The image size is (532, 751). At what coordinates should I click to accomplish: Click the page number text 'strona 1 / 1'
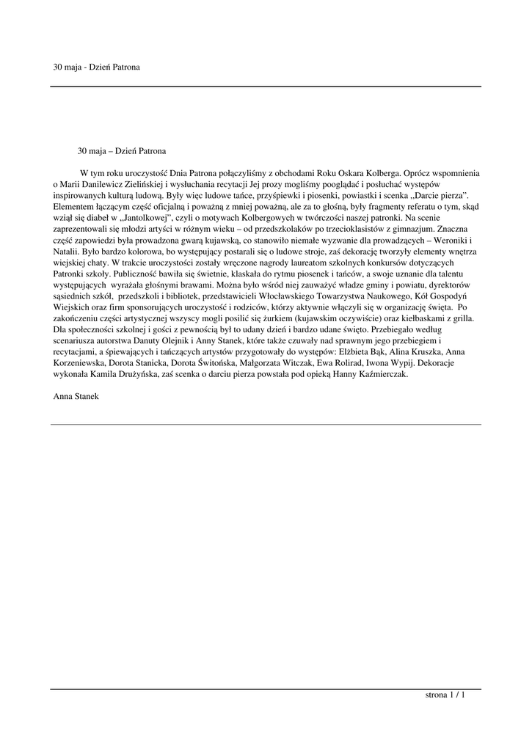coord(445,695)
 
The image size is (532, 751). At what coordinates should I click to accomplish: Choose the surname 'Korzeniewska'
coord(79,362)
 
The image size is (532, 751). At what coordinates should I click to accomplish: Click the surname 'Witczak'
coord(293,362)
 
